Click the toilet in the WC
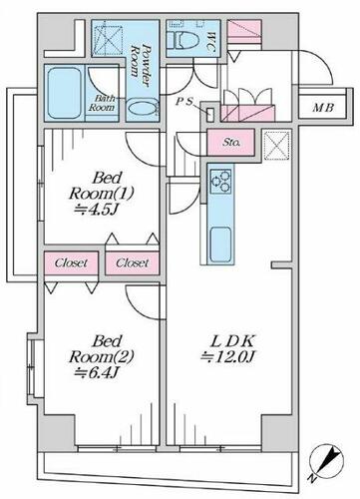click(182, 40)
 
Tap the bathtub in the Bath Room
click(65, 93)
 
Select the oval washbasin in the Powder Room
click(143, 108)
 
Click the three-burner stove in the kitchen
click(221, 182)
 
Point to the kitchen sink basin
click(220, 245)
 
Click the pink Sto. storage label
click(231, 143)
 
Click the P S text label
click(183, 102)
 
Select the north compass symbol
click(326, 462)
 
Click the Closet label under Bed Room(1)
click(132, 263)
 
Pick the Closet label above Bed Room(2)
click(71, 263)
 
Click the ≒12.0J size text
click(228, 357)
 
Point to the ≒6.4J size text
click(97, 372)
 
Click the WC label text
click(209, 42)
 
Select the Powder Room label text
click(141, 65)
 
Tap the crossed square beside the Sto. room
click(276, 146)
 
